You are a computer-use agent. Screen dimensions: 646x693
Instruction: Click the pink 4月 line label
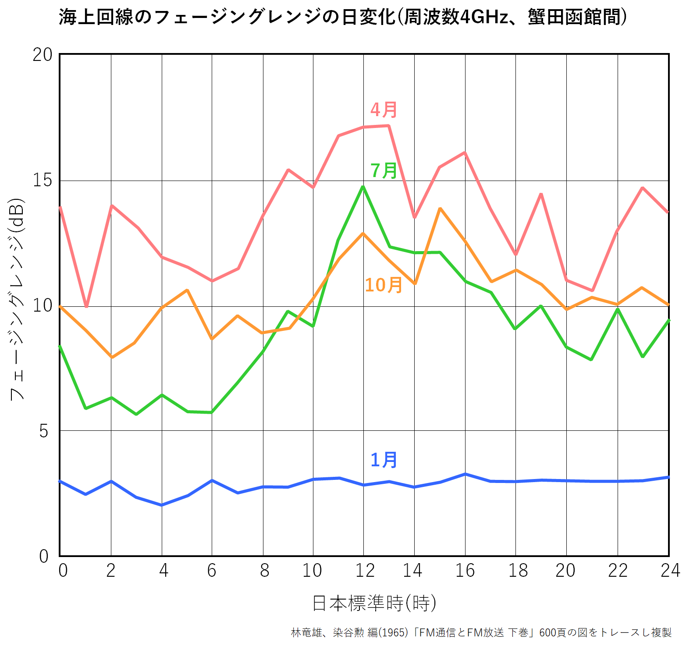[384, 110]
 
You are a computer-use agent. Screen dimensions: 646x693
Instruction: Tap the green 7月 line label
[384, 170]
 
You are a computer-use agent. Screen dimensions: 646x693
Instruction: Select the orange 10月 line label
[384, 285]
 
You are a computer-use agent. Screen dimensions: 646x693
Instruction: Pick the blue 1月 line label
[384, 460]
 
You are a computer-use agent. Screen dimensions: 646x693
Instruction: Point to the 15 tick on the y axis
[43, 181]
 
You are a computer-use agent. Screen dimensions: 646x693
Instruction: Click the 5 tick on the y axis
[43, 431]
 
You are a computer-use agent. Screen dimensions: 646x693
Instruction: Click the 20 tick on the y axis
[43, 55]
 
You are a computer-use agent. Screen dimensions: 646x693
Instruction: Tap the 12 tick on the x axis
[365, 571]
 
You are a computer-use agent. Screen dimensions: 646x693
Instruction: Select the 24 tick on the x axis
[670, 571]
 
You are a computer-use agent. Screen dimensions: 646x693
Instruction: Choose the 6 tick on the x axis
[212, 571]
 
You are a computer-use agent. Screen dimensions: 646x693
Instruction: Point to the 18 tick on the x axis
[518, 571]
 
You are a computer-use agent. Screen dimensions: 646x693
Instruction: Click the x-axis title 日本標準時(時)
[374, 603]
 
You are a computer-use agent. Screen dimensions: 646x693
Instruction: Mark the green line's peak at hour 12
[363, 187]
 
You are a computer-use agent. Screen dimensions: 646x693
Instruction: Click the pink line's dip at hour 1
[86, 306]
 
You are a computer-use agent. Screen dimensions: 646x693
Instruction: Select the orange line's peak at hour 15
[440, 209]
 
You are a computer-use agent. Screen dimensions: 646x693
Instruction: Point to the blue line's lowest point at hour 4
[162, 505]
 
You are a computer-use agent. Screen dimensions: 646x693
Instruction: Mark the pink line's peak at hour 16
[465, 153]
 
